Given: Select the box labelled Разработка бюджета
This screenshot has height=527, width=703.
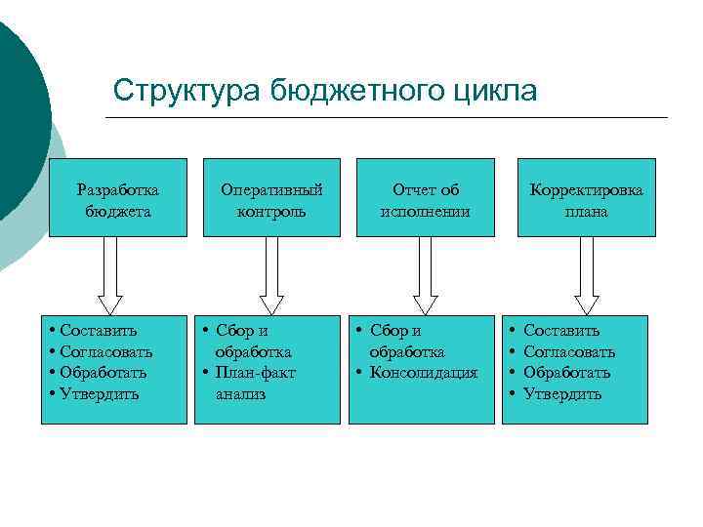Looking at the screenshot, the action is pyautogui.click(x=117, y=199).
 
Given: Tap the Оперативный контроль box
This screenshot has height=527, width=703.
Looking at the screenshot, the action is pyautogui.click(x=271, y=199).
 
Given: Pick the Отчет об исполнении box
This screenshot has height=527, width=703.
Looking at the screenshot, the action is pyautogui.click(x=425, y=199).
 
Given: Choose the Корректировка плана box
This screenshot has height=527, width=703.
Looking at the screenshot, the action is pyautogui.click(x=586, y=199).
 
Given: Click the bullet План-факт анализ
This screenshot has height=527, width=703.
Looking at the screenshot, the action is pyautogui.click(x=254, y=383).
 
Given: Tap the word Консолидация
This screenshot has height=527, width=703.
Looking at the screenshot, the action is pyautogui.click(x=424, y=373).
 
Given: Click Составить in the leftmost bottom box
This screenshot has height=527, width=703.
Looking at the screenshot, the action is pyautogui.click(x=98, y=331).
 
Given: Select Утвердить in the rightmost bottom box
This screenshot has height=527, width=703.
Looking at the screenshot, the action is pyautogui.click(x=562, y=394).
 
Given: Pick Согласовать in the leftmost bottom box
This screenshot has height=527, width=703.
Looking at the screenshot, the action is pyautogui.click(x=105, y=351).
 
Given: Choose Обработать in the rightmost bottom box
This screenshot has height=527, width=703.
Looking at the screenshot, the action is pyautogui.click(x=567, y=373).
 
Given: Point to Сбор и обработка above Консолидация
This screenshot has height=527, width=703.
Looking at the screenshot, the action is pyautogui.click(x=406, y=342).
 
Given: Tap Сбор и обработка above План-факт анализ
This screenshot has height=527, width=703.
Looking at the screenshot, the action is pyautogui.click(x=252, y=342).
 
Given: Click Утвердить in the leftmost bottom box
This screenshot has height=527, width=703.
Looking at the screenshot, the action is pyautogui.click(x=100, y=394).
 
